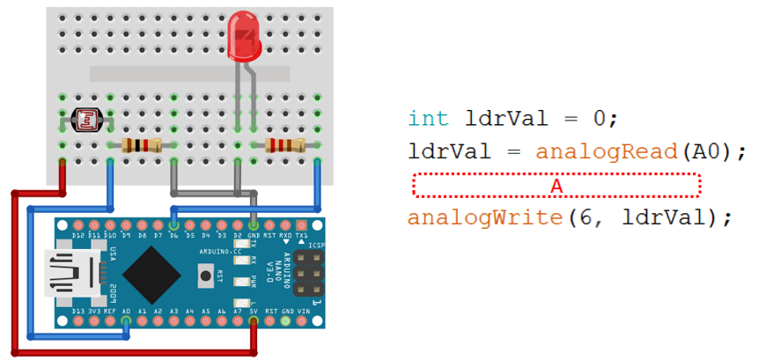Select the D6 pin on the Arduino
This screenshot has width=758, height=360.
174,225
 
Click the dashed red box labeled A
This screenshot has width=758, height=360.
556,185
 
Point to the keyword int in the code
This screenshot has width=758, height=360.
429,119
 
